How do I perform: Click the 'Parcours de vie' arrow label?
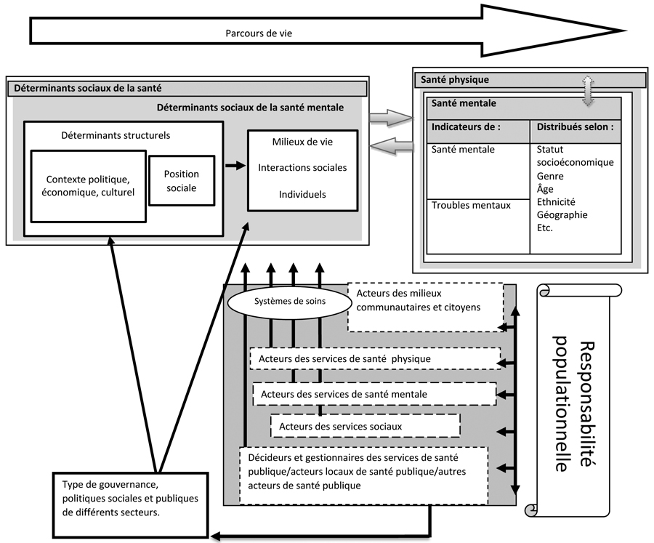pyautogui.click(x=259, y=33)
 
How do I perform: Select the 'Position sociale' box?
pyautogui.click(x=182, y=181)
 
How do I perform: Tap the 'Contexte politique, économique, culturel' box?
pyautogui.click(x=89, y=186)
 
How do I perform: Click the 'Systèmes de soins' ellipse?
pyautogui.click(x=290, y=302)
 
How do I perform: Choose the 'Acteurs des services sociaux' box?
pyautogui.click(x=366, y=426)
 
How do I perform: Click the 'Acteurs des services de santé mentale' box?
pyautogui.click(x=374, y=394)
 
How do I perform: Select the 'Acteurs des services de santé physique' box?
pyautogui.click(x=376, y=358)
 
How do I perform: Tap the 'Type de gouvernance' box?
pyautogui.click(x=130, y=505)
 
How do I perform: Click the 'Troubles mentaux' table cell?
pyautogui.click(x=478, y=227)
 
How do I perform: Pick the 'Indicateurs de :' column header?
pyautogui.click(x=478, y=131)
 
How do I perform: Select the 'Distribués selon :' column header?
pyautogui.click(x=576, y=131)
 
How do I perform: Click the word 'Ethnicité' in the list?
pyautogui.click(x=556, y=202)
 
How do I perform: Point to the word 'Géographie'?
pyautogui.click(x=562, y=215)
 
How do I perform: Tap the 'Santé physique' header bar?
pyautogui.click(x=530, y=80)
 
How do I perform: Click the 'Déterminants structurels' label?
pyautogui.click(x=116, y=135)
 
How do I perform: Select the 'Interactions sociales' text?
pyautogui.click(x=302, y=168)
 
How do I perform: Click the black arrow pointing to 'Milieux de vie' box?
pyautogui.click(x=236, y=166)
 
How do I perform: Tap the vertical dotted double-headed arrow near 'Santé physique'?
pyautogui.click(x=588, y=91)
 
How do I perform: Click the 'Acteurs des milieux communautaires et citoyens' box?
pyautogui.click(x=426, y=307)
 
